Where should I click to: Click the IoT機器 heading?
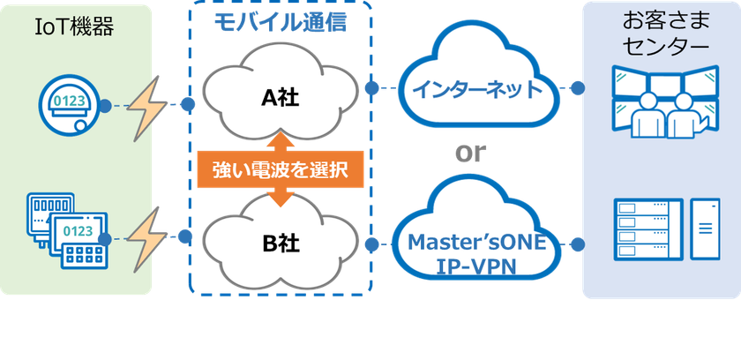[x=75, y=27]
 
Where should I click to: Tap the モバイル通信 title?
[x=281, y=22]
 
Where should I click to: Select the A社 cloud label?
[x=281, y=98]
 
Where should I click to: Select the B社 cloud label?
[x=281, y=244]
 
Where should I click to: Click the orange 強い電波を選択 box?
[x=281, y=169]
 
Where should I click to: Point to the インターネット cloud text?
[x=477, y=89]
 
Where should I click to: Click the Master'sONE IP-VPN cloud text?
[x=476, y=254]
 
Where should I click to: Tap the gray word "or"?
[x=470, y=153]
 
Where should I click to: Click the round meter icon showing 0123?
[x=70, y=105]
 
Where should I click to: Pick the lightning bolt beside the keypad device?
[x=146, y=238]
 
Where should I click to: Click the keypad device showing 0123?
[x=79, y=241]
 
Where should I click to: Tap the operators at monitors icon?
[x=665, y=101]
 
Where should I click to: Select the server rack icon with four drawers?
[x=648, y=229]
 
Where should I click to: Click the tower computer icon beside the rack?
[x=705, y=229]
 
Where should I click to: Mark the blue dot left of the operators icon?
[x=578, y=88]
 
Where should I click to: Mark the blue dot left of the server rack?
[x=578, y=244]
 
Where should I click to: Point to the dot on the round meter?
[x=105, y=106]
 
